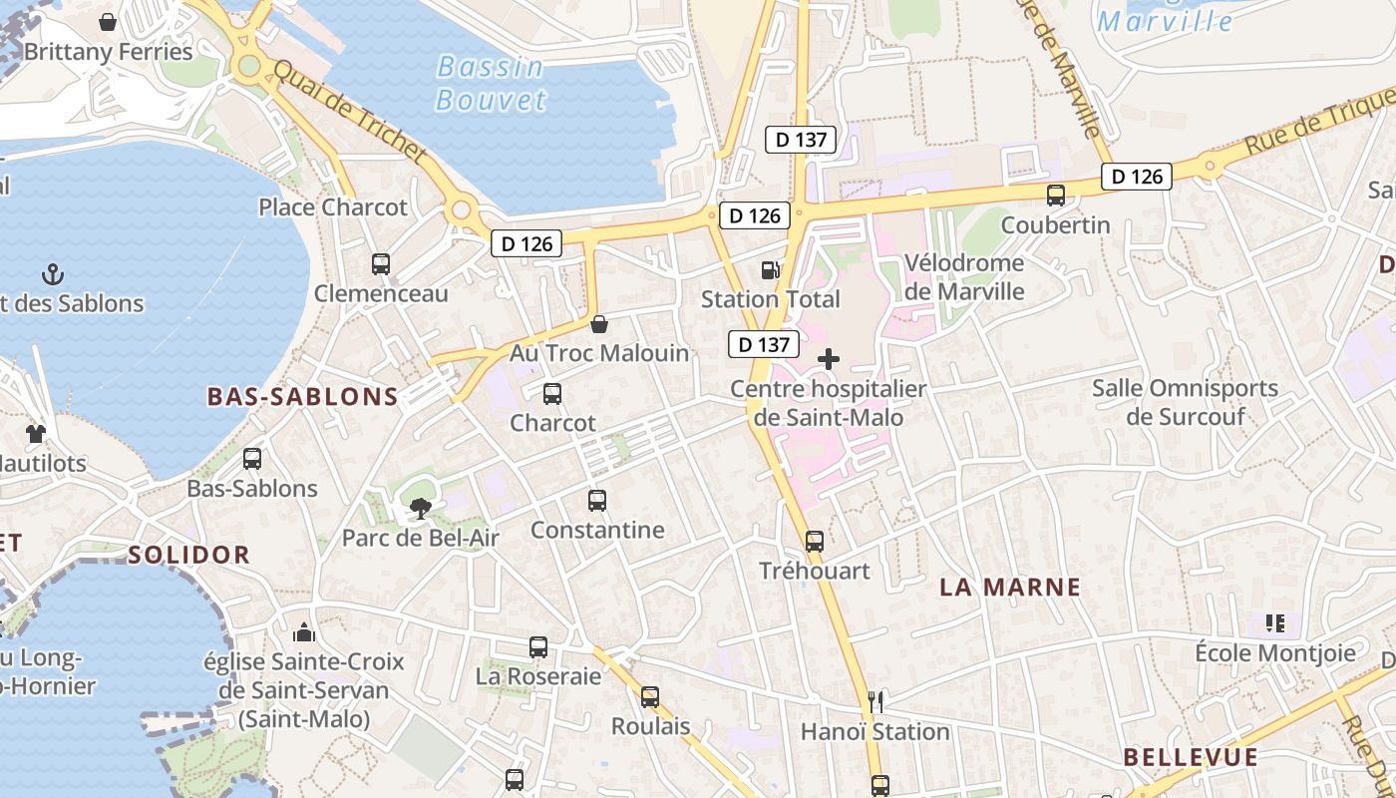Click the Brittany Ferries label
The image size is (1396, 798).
(x=108, y=52)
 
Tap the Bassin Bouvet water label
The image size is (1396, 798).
(x=491, y=84)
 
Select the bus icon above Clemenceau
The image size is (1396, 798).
(x=381, y=264)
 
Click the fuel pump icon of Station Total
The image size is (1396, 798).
(x=770, y=269)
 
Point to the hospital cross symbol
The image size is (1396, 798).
(x=829, y=359)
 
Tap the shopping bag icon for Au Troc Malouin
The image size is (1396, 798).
(x=599, y=324)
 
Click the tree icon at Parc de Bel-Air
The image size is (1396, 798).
(x=420, y=509)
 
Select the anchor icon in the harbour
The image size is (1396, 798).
(x=52, y=274)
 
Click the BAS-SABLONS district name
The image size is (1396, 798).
(x=302, y=397)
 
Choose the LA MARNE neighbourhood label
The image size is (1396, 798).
(x=1010, y=588)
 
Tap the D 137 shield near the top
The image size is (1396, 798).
(x=802, y=140)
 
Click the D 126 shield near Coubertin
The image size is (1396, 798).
(x=1137, y=177)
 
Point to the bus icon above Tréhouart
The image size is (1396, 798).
(x=815, y=542)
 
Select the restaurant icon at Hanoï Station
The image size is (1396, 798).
(x=875, y=701)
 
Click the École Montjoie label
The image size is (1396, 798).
(x=1275, y=653)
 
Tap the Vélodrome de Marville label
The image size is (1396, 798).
(x=964, y=277)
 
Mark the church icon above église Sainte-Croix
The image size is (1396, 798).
(x=304, y=632)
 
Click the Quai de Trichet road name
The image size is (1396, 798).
(x=349, y=113)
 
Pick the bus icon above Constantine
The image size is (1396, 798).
(x=597, y=501)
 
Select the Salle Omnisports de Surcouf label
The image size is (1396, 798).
(x=1185, y=402)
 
